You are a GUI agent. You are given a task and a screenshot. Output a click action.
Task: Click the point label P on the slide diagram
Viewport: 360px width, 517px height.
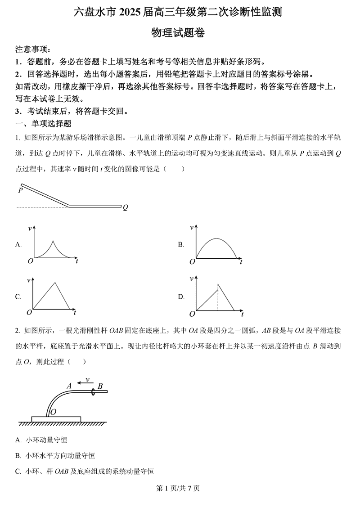(21, 190)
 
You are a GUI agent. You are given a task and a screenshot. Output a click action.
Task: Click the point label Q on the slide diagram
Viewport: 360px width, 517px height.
(126, 207)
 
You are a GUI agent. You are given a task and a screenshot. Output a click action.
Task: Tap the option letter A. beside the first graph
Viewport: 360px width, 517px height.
(18, 245)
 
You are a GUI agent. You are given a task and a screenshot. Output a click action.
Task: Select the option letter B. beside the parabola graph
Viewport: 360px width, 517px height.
(181, 245)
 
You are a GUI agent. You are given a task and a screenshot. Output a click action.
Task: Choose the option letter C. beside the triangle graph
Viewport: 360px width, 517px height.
(18, 297)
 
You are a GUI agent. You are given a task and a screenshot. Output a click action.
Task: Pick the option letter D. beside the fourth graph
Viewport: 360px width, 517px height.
(181, 297)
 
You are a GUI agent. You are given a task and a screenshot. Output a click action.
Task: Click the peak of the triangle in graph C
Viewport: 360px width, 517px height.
(55, 283)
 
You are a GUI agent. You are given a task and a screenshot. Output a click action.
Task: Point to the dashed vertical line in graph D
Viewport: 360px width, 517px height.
(218, 297)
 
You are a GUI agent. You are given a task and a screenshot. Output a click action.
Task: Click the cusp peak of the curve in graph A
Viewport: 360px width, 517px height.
(53, 241)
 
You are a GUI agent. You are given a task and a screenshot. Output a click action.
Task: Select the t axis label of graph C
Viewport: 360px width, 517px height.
(75, 312)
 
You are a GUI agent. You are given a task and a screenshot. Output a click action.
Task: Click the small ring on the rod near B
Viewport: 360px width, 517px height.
(93, 392)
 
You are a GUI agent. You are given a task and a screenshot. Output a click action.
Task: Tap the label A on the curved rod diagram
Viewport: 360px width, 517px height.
(69, 386)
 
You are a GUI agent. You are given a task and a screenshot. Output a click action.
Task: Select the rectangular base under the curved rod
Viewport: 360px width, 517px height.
(56, 419)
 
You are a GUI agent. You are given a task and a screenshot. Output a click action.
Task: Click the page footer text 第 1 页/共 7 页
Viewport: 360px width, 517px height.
(180, 488)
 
